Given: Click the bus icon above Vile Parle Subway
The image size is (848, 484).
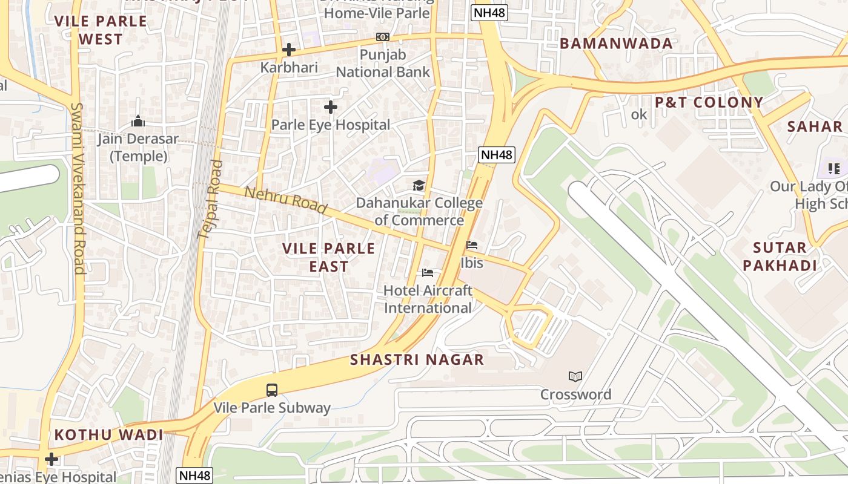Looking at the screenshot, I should pyautogui.click(x=272, y=390).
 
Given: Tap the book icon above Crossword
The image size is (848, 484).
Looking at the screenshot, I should pyautogui.click(x=575, y=377).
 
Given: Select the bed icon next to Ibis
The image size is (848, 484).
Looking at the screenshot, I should pyautogui.click(x=472, y=245).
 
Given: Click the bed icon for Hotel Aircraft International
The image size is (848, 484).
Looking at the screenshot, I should pyautogui.click(x=428, y=273).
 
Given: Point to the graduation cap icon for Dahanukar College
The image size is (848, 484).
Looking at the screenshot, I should pyautogui.click(x=419, y=185).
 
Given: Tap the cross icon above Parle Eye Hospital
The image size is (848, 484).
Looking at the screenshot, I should pyautogui.click(x=330, y=107).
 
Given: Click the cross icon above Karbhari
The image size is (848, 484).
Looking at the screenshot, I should pyautogui.click(x=289, y=50).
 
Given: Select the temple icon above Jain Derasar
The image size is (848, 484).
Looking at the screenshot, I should pyautogui.click(x=138, y=121).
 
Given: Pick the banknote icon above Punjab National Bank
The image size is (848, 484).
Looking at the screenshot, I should pyautogui.click(x=382, y=37).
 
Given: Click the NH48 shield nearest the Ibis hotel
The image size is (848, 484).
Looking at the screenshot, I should pyautogui.click(x=497, y=155).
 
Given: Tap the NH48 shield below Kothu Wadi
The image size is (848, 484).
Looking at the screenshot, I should pyautogui.click(x=195, y=476).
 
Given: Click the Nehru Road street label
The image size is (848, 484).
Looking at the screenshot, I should pyautogui.click(x=286, y=201).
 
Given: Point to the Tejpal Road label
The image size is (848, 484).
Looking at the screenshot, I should pyautogui.click(x=210, y=199).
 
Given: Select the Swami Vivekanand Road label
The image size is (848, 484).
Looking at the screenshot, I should pyautogui.click(x=78, y=188).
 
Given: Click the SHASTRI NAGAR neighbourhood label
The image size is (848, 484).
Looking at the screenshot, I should pyautogui.click(x=417, y=360).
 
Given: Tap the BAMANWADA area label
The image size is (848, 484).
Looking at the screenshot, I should pyautogui.click(x=616, y=44).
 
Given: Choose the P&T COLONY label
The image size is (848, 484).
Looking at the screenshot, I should pyautogui.click(x=709, y=102).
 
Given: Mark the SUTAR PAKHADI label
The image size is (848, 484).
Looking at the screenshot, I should pyautogui.click(x=780, y=256).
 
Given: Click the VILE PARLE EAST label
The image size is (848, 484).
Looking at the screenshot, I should pyautogui.click(x=329, y=257).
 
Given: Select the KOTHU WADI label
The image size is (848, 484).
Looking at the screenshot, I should pyautogui.click(x=109, y=435).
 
